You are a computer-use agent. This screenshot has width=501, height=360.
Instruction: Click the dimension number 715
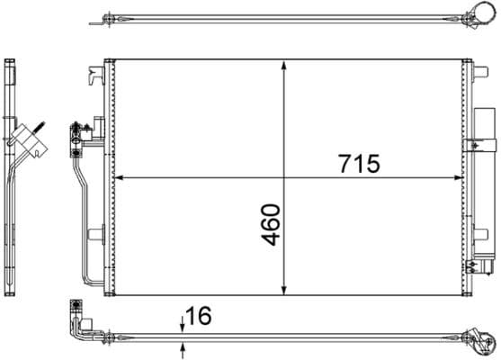coord(360,165)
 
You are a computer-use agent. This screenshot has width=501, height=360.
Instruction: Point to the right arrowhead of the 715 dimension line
coord(460,177)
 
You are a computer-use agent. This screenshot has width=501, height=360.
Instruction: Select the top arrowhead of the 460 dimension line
coord(285,66)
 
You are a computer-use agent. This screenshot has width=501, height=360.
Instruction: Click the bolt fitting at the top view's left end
coord(109,17)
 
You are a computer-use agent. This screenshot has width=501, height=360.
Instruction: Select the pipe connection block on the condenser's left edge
coord(76,133)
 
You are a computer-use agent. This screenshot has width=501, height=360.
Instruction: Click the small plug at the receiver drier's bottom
coord(485,267)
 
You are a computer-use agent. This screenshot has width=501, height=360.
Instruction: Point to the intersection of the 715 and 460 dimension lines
coord(285,177)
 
